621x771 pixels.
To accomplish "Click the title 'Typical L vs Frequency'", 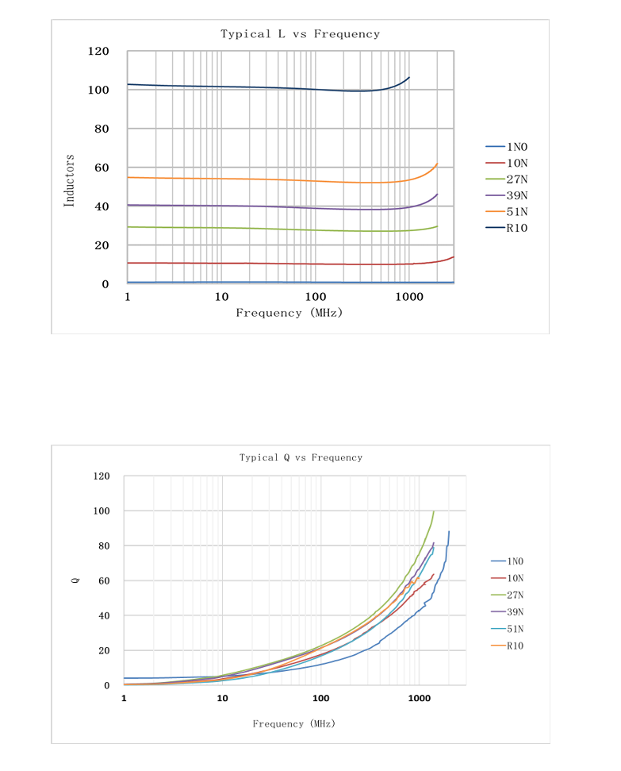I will [300, 34].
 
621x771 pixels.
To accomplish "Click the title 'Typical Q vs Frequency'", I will [301, 457].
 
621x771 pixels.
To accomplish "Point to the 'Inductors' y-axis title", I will [69, 181].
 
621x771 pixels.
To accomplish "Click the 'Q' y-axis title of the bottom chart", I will [75, 580].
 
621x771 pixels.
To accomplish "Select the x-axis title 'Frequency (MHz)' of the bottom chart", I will [294, 723].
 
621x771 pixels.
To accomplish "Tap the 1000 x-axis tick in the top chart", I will [408, 297].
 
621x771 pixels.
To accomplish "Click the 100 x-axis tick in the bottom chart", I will [320, 698].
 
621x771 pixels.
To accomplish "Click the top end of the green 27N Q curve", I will [434, 511].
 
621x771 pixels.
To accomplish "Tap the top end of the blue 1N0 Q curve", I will [449, 532].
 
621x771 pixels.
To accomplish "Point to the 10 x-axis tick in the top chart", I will [221, 297].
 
